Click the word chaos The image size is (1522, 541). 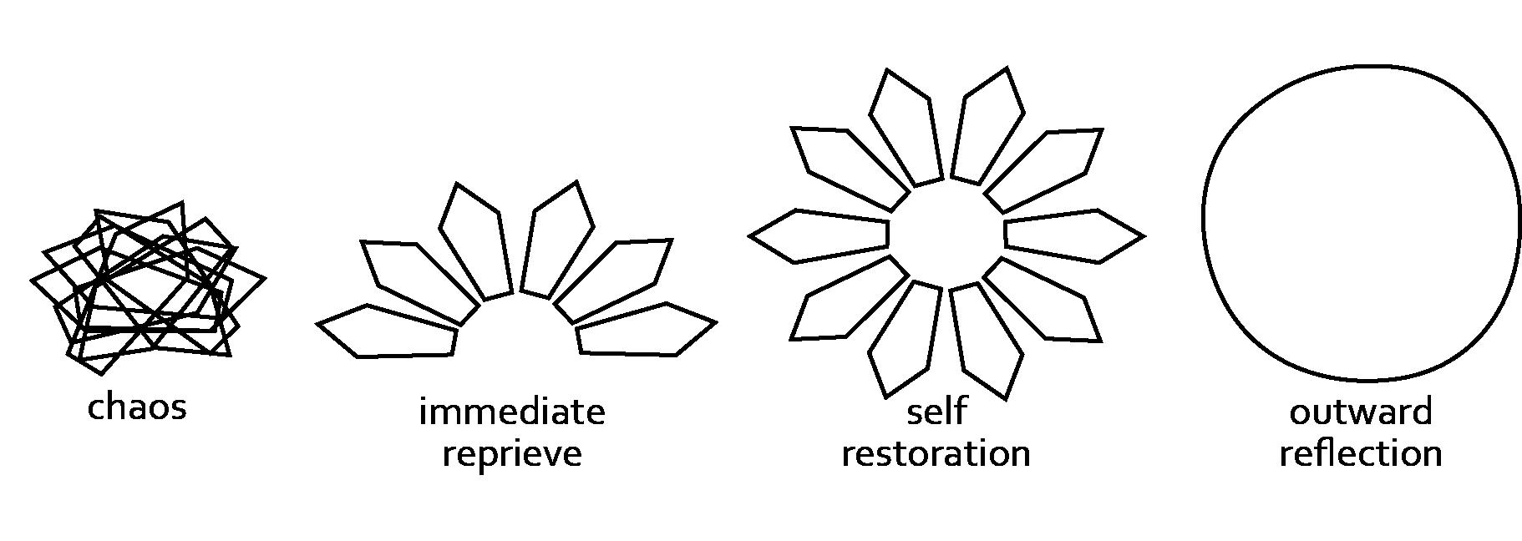pyautogui.click(x=137, y=407)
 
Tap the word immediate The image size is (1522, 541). pyautogui.click(x=511, y=412)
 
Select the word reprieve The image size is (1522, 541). pyautogui.click(x=511, y=454)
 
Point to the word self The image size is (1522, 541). pyautogui.click(x=936, y=411)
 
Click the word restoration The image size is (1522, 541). pyautogui.click(x=936, y=453)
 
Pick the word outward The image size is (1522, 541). pyautogui.click(x=1361, y=412)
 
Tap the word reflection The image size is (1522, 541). pyautogui.click(x=1361, y=453)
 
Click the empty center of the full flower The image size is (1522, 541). pyautogui.click(x=946, y=235)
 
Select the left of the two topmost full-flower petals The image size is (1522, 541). pyautogui.click(x=905, y=125)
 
